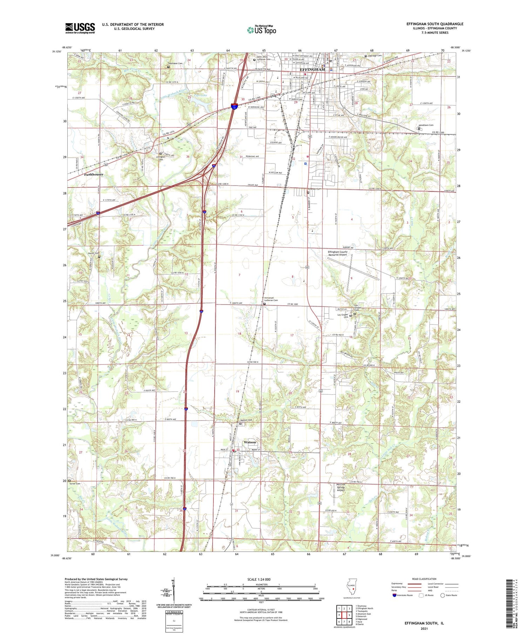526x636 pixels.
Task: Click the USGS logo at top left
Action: tap(80, 28)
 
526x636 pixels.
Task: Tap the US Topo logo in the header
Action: tap(262, 30)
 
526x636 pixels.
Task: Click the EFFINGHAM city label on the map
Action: tap(312, 69)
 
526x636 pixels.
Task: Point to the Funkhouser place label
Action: tap(94, 174)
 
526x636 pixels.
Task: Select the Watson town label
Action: tap(250, 442)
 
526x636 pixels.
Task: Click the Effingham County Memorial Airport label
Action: tap(337, 253)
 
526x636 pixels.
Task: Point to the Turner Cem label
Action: tap(75, 484)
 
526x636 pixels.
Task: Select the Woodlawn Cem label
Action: tap(426, 125)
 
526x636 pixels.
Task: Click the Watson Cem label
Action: tap(246, 420)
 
